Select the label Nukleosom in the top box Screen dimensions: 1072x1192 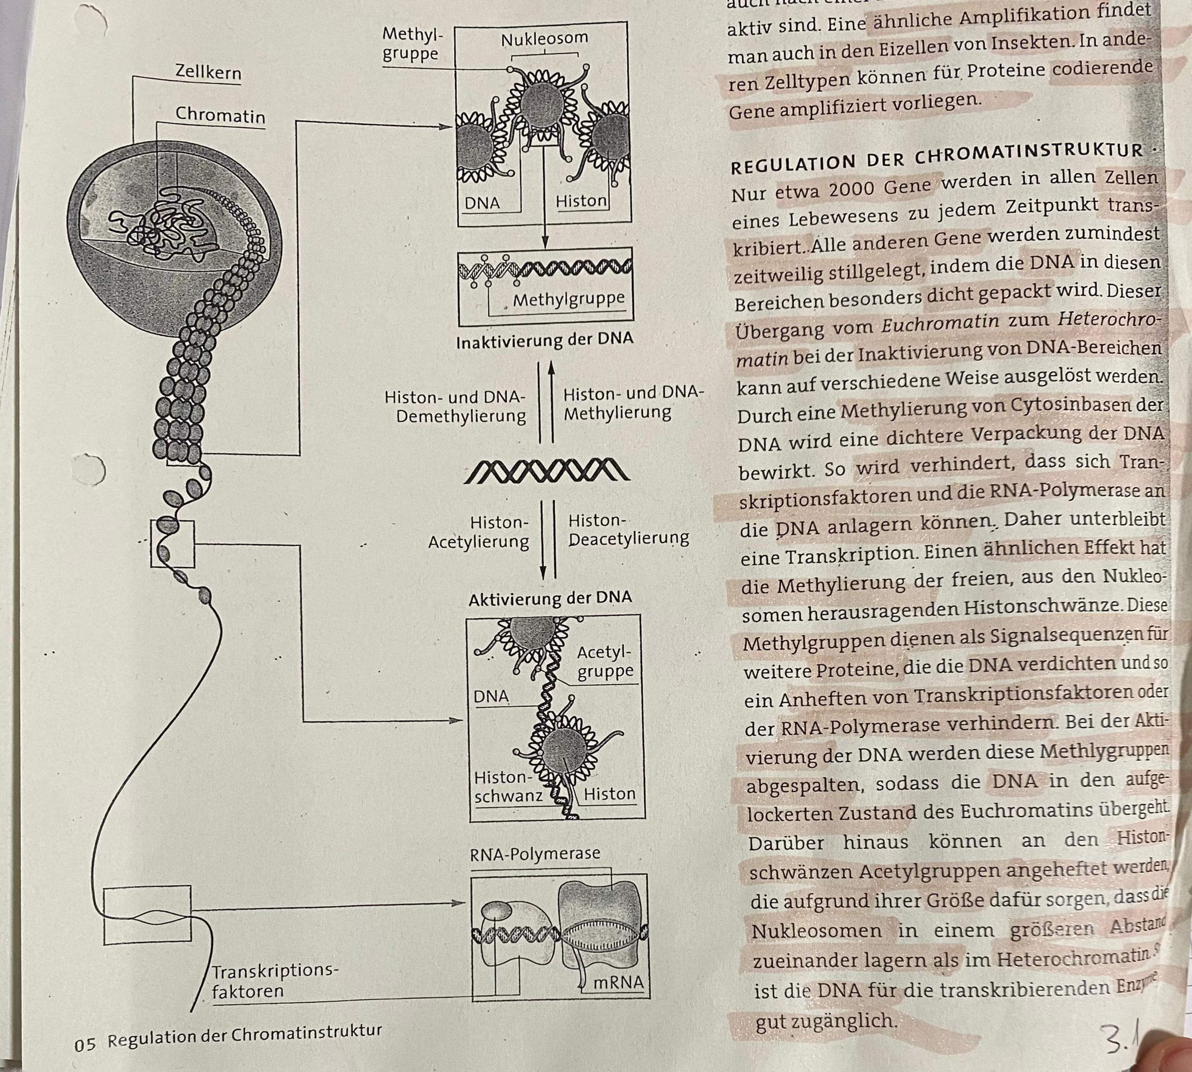click(x=544, y=39)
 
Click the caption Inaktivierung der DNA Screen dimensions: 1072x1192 click(x=545, y=340)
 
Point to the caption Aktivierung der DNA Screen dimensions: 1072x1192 click(x=549, y=598)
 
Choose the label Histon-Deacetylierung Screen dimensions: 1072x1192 click(x=628, y=529)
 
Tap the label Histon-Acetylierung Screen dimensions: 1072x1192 click(x=478, y=532)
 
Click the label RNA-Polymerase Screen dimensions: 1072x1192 click(x=535, y=854)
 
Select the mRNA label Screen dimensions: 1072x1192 click(x=618, y=983)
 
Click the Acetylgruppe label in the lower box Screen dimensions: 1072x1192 click(x=605, y=662)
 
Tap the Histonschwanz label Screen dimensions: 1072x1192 click(x=508, y=787)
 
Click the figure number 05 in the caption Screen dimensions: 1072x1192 click(x=85, y=1045)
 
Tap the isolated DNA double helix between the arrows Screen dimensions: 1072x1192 click(x=547, y=471)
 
